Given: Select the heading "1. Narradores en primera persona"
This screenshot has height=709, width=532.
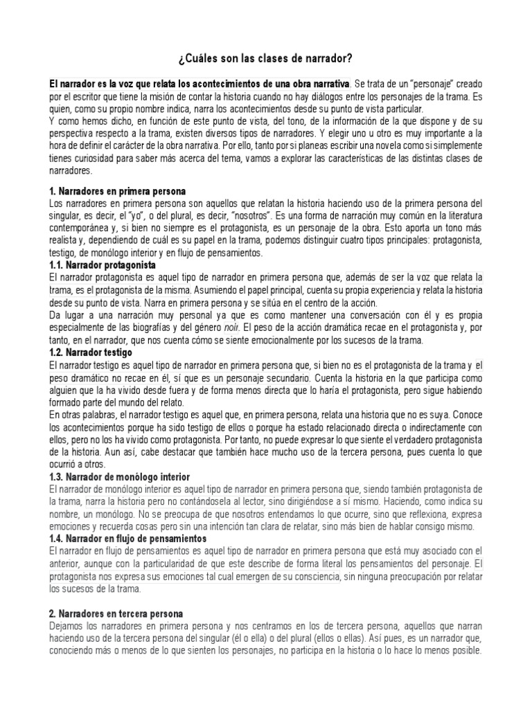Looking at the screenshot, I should (117, 190).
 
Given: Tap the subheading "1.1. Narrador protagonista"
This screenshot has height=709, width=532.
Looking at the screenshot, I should (103, 265).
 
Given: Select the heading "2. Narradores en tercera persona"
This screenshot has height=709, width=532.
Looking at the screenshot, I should (116, 613).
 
